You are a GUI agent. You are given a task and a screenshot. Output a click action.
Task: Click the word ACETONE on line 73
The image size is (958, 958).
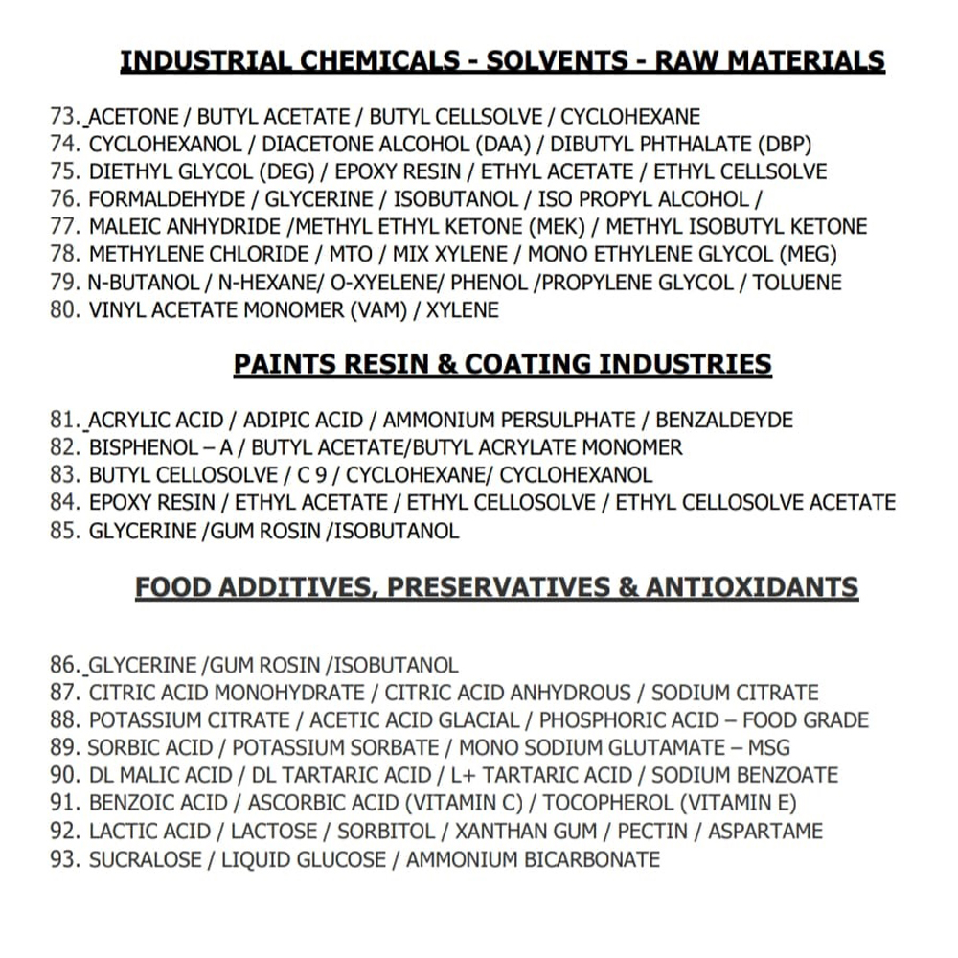tap(133, 117)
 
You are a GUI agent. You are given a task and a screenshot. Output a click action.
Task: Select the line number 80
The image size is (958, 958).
tap(63, 310)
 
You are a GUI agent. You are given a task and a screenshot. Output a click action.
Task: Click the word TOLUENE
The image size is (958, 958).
tap(797, 283)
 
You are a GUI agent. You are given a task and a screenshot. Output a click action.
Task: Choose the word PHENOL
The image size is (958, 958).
tap(490, 283)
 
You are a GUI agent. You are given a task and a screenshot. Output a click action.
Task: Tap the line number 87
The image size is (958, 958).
tap(63, 693)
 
